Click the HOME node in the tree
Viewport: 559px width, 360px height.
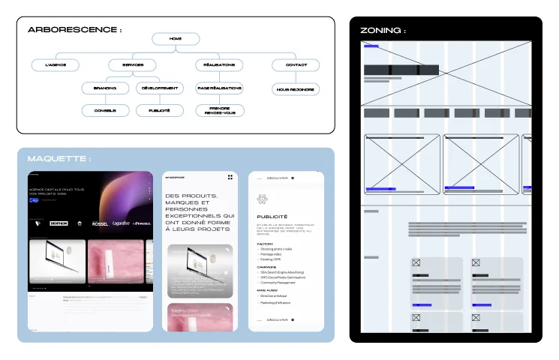[x=176, y=39]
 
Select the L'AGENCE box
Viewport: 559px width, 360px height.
[x=56, y=65]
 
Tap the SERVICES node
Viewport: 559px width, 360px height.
[x=133, y=65]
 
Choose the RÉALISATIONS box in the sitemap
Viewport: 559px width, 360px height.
[x=219, y=65]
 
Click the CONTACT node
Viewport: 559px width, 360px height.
[x=296, y=65]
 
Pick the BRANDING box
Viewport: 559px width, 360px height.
[x=105, y=88]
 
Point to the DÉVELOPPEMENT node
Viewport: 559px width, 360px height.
[x=160, y=88]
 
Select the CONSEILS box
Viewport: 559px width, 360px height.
[x=105, y=110]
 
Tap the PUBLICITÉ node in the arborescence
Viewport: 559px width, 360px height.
[x=160, y=110]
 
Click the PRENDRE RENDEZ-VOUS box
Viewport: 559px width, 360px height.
[x=219, y=110]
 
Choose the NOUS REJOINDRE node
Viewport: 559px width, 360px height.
[x=296, y=89]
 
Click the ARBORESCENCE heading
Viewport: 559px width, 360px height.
[x=74, y=30]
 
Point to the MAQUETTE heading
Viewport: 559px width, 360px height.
[x=59, y=159]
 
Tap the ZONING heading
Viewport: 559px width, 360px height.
[x=383, y=31]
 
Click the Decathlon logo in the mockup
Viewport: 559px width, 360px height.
[x=58, y=223]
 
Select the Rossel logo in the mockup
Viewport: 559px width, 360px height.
[x=100, y=223]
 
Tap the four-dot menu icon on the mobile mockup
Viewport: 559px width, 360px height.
[x=230, y=177]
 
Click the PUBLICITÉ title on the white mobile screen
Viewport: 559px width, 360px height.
[x=272, y=217]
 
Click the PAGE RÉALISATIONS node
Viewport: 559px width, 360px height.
[x=219, y=88]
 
